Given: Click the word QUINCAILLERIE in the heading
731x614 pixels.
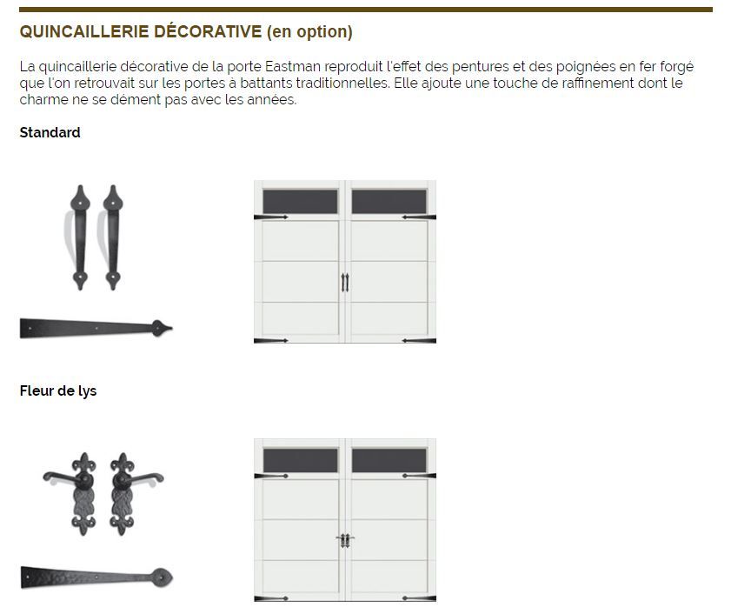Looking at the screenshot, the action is [84, 31].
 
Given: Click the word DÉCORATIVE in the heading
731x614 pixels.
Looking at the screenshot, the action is [208, 31].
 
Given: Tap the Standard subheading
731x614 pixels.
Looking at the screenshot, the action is [50, 132].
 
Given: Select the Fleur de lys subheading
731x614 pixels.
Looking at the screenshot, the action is [58, 391].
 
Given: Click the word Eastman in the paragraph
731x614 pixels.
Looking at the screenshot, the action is [292, 66].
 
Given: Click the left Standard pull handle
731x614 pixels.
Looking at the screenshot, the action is [79, 237].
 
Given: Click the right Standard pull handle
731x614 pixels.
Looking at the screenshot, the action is [112, 237].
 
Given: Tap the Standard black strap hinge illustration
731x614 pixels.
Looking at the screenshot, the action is [96, 328].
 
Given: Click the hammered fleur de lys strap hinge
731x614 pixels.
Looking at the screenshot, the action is [96, 577].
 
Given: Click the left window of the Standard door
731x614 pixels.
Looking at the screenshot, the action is [300, 202].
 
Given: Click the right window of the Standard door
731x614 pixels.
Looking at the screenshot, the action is [389, 202].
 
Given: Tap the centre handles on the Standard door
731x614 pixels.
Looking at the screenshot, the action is [345, 283].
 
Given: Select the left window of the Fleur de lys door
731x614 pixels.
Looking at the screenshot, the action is [300, 461].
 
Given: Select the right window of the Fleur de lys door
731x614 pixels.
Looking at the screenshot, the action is [389, 461].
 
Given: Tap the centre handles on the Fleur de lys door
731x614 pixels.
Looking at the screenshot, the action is [345, 540].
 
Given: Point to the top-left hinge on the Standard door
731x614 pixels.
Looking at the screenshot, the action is [271, 217].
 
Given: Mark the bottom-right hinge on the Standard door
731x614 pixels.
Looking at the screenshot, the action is [419, 341].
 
